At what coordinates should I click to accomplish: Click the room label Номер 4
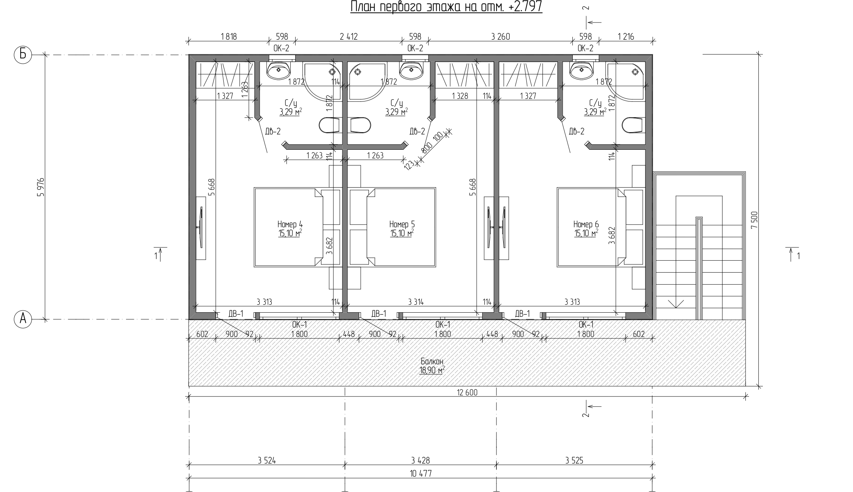tap(290, 224)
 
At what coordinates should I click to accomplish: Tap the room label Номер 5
tap(402, 224)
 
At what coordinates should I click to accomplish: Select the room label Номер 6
tap(586, 224)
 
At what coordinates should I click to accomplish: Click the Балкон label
tap(432, 362)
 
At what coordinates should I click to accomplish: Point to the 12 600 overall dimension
tap(467, 392)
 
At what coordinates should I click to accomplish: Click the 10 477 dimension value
tap(421, 474)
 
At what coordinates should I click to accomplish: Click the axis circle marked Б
tap(23, 55)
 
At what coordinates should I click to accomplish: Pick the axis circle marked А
tap(23, 319)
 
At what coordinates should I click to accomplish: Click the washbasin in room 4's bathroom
tap(278, 70)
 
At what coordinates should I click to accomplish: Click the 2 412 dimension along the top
tap(349, 37)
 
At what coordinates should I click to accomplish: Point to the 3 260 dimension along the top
tap(501, 37)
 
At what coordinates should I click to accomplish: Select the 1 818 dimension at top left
tap(229, 37)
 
